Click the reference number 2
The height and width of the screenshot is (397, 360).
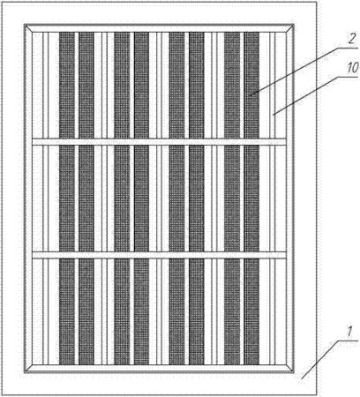pos(351,39)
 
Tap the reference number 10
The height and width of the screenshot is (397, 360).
pos(352,68)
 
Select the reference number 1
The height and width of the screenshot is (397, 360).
pos(349,332)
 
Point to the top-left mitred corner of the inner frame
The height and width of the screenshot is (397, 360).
pos(26,26)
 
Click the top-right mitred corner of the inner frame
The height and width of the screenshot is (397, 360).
pos(293,26)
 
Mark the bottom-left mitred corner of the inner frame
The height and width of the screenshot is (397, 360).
pos(26,371)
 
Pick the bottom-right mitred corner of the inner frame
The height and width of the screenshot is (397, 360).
pos(293,371)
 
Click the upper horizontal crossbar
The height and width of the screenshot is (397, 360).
pos(159,141)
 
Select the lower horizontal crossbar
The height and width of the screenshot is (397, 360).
pos(159,255)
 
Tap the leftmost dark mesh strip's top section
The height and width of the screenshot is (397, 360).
pos(67,85)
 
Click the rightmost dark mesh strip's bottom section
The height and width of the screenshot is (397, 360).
pos(251,311)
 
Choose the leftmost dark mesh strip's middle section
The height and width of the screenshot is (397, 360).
pos(67,198)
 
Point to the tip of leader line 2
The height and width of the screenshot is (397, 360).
pos(251,95)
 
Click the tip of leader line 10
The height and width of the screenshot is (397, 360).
pos(274,115)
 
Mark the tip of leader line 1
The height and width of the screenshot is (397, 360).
pos(302,378)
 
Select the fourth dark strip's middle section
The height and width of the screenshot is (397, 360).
pos(141,198)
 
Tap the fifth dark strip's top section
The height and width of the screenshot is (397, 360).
pos(176,85)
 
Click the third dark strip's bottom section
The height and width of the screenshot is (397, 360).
pos(122,311)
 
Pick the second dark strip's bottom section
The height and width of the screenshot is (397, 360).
pos(86,311)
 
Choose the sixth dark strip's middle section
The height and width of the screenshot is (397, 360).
pos(197,198)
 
